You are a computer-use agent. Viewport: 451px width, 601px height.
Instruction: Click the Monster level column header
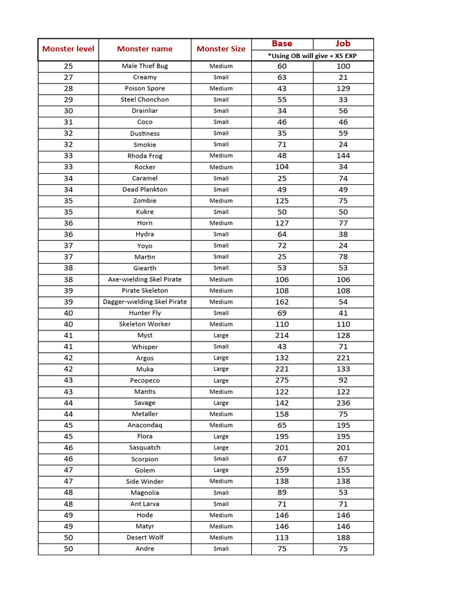click(68, 49)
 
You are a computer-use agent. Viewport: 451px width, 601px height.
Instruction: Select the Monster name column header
click(144, 49)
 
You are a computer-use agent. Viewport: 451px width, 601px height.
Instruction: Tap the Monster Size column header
click(221, 49)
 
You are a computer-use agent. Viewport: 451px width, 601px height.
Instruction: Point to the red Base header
click(282, 43)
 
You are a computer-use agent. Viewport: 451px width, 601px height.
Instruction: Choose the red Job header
click(343, 43)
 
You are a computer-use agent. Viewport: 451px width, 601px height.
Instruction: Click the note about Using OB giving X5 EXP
click(312, 56)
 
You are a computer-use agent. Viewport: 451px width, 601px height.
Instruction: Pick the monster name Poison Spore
click(144, 89)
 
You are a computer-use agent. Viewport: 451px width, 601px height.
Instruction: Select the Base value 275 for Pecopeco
click(282, 380)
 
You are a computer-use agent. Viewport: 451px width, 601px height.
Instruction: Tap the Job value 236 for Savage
click(343, 403)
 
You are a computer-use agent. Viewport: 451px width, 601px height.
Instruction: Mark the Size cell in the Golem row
click(221, 470)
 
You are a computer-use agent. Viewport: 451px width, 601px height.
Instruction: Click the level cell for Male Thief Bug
click(68, 66)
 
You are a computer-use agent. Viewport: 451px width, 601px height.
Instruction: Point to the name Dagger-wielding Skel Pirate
click(144, 302)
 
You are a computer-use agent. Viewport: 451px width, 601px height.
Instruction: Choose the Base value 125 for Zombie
click(282, 201)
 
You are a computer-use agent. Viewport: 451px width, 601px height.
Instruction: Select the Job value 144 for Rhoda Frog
click(343, 156)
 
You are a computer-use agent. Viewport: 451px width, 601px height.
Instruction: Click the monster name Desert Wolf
click(144, 538)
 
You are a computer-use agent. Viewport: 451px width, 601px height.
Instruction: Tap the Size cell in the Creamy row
click(221, 77)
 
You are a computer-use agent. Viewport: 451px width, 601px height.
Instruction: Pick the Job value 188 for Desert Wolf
click(343, 538)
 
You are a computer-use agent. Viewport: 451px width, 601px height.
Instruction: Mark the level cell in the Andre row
click(68, 549)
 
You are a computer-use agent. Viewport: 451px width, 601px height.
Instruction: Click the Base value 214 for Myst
click(282, 336)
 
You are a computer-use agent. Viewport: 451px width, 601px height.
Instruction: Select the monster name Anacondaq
click(144, 426)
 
